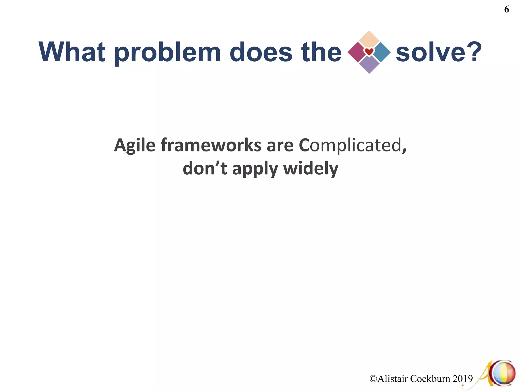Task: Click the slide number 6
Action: point(506,9)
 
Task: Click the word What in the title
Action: point(72,52)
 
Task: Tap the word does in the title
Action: point(261,52)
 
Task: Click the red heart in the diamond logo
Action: point(369,52)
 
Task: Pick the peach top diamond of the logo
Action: point(369,39)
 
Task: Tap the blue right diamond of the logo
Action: point(382,52)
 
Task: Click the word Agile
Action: point(135,146)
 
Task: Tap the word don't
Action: point(205,169)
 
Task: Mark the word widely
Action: point(311,169)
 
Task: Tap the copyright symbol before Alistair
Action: point(373,379)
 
